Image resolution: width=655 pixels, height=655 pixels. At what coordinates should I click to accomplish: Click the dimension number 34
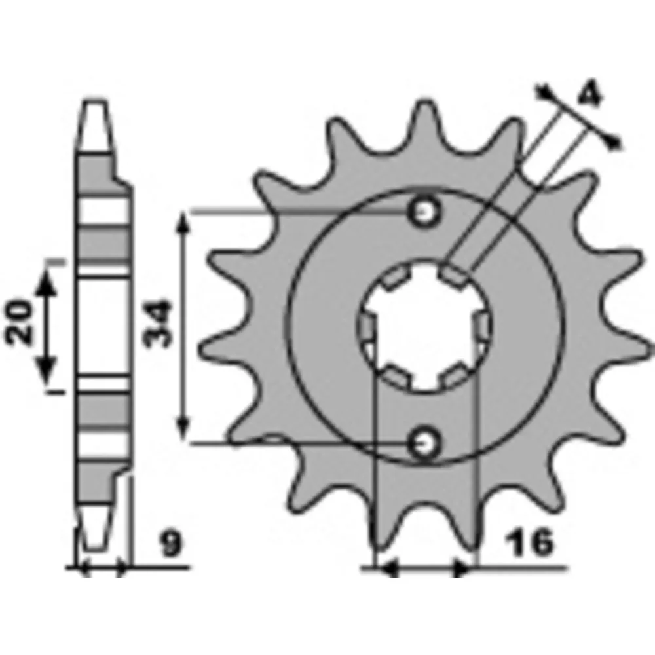coord(157,324)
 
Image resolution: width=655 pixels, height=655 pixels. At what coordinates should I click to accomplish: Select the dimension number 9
coord(171,544)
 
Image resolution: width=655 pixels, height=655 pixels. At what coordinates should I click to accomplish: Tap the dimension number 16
coord(529,542)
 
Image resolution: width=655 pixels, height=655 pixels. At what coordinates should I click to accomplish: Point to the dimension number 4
coord(589,95)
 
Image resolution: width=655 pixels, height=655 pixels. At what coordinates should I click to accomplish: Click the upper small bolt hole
coord(424,213)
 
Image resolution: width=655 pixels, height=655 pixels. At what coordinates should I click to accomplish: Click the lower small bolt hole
coord(424,443)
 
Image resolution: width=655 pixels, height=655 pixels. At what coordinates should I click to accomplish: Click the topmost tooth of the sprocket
coord(425,121)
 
